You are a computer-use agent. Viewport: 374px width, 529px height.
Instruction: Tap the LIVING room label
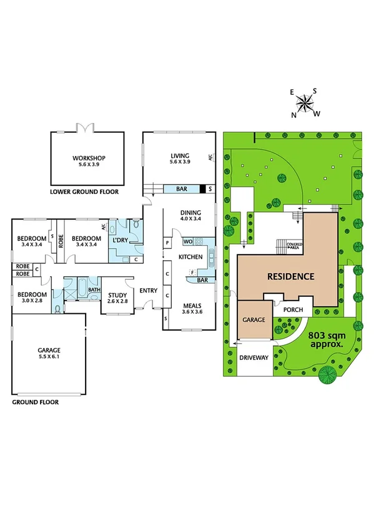[179, 157]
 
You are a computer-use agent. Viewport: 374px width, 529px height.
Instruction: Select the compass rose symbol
[305, 102]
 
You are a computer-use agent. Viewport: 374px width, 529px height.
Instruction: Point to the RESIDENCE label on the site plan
[290, 276]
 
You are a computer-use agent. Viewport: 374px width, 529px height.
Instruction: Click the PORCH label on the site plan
[293, 309]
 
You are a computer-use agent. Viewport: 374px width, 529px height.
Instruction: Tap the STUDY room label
[117, 296]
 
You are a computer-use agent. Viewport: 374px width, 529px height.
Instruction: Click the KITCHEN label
[190, 257]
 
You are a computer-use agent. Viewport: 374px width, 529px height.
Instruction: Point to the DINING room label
[190, 212]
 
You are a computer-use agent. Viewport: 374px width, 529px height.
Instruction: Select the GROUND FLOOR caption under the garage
[36, 402]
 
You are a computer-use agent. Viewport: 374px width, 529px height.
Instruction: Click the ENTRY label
[149, 290]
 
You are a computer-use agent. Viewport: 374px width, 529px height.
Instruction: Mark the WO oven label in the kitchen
[187, 241]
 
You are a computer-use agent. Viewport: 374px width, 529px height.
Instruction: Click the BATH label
[94, 289]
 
